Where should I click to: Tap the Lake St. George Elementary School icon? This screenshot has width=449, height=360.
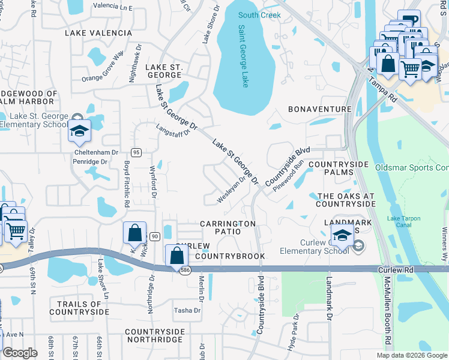point(79,131)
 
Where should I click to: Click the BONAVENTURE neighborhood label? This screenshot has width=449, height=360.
point(319,109)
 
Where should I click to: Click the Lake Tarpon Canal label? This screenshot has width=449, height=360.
point(404,222)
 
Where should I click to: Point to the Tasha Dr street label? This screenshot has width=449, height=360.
point(187,310)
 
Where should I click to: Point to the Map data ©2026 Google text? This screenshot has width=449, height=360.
point(412,355)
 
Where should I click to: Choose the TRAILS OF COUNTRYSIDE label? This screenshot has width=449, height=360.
point(79,308)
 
